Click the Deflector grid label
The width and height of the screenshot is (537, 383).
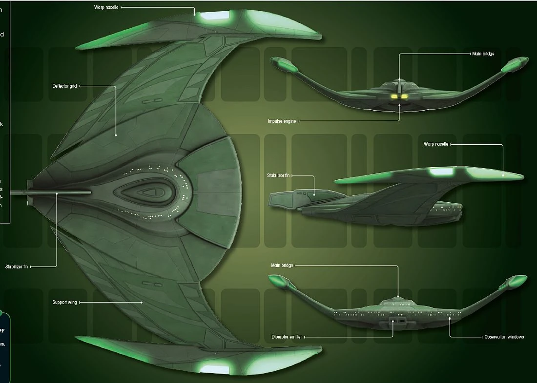[64, 86]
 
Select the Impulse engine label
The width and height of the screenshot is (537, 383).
[281, 121]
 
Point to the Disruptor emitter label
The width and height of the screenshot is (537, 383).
[287, 337]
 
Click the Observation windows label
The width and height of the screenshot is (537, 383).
[504, 337]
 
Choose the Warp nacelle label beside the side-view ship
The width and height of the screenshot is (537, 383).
[435, 144]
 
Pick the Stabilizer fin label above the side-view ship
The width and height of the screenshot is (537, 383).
[279, 175]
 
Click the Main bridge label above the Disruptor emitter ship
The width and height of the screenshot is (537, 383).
[282, 266]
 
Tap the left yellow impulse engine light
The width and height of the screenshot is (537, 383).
[393, 96]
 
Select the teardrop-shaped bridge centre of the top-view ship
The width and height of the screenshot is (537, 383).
[146, 192]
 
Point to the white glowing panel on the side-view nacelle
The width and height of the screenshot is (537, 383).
[440, 172]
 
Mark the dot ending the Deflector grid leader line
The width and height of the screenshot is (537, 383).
[116, 135]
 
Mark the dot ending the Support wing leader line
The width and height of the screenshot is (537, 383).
[142, 303]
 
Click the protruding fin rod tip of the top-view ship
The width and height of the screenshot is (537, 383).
[14, 192]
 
